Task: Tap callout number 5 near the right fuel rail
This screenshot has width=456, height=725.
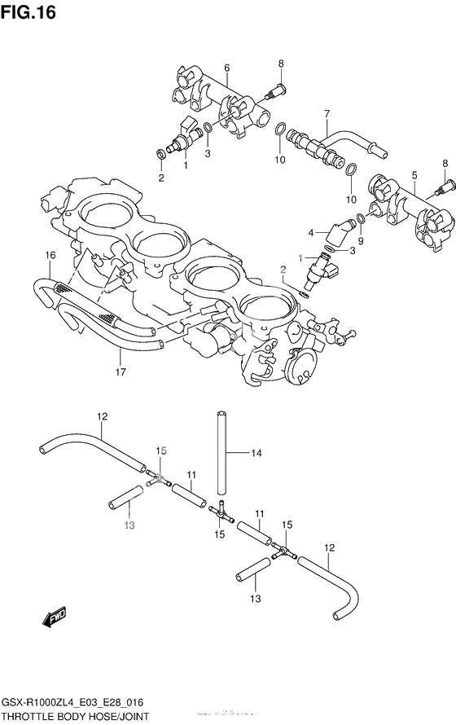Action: point(414,175)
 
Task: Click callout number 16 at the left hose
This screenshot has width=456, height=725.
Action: point(50,256)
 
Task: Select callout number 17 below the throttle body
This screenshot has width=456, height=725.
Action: point(120,373)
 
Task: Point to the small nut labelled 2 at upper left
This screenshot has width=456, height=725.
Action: point(160,152)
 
